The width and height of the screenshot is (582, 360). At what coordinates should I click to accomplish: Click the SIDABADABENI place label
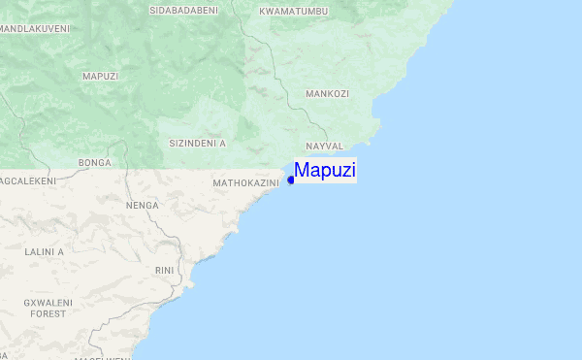pyautogui.click(x=183, y=11)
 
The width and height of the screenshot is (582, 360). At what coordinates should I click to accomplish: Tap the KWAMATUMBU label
pyautogui.click(x=294, y=11)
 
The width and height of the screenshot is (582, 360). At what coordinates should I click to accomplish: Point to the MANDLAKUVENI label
pyautogui.click(x=35, y=29)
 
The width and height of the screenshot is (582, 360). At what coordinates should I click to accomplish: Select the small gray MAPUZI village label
pyautogui.click(x=100, y=76)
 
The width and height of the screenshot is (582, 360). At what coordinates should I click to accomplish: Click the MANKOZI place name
pyautogui.click(x=327, y=94)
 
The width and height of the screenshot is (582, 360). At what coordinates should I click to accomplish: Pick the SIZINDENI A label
pyautogui.click(x=197, y=143)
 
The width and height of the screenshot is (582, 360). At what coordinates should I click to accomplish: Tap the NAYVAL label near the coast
pyautogui.click(x=325, y=146)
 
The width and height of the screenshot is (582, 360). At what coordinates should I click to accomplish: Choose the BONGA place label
pyautogui.click(x=95, y=162)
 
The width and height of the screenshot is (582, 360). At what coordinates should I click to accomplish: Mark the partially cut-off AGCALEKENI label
pyautogui.click(x=28, y=181)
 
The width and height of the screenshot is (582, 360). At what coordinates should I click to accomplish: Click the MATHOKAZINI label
pyautogui.click(x=245, y=181)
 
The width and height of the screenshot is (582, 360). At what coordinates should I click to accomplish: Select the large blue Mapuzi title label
pyautogui.click(x=325, y=170)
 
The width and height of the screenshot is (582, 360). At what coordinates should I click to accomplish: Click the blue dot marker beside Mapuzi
pyautogui.click(x=291, y=180)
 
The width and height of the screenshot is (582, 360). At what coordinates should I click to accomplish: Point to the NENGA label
pyautogui.click(x=142, y=206)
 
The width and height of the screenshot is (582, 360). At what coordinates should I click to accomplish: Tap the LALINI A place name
pyautogui.click(x=44, y=251)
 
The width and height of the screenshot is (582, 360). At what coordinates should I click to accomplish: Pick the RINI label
pyautogui.click(x=164, y=271)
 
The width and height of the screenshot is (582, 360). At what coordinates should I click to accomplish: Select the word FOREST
pyautogui.click(x=48, y=314)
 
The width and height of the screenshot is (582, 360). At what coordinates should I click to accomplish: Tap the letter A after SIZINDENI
pyautogui.click(x=222, y=143)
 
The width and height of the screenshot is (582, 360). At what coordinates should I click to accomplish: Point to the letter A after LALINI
pyautogui.click(x=60, y=251)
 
